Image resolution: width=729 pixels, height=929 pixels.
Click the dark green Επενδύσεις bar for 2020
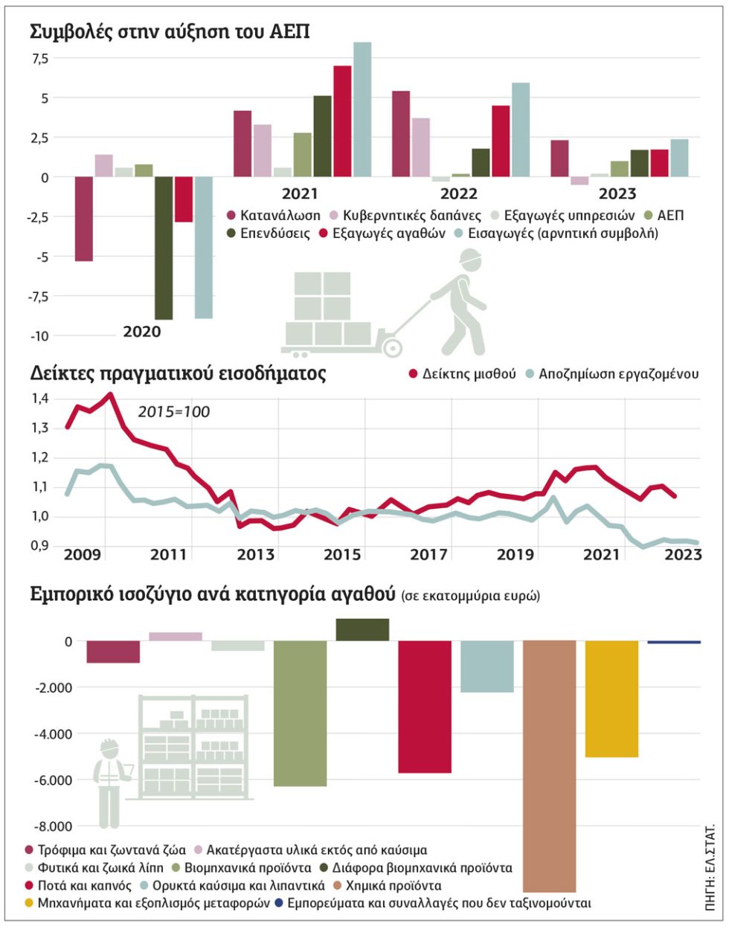(164, 248)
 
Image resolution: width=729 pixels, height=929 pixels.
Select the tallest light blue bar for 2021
(362, 109)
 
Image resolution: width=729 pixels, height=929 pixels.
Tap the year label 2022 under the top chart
(459, 195)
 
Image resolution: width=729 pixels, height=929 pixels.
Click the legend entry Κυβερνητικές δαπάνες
(406, 216)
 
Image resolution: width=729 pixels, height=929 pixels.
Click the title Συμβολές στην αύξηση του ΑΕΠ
(170, 32)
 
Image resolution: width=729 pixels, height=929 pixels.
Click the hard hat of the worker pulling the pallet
(469, 257)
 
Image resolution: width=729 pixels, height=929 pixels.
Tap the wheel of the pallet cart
(393, 347)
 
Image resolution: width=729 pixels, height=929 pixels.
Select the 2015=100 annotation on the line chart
(173, 412)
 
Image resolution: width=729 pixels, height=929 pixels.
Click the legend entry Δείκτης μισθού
(462, 374)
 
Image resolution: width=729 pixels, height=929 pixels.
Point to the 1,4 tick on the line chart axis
(40, 399)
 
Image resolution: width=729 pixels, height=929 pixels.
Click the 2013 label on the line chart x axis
(256, 555)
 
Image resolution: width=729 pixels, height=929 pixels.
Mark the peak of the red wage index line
(110, 394)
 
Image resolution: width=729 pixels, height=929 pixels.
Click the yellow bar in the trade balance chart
(611, 698)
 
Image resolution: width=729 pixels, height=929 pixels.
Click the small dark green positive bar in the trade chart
(362, 629)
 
